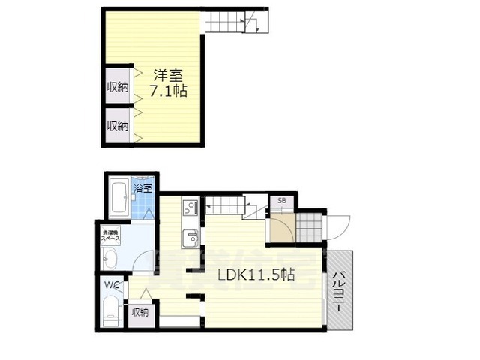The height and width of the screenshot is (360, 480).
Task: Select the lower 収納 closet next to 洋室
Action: click(x=116, y=124)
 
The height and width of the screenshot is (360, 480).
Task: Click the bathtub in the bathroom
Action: click(x=118, y=196)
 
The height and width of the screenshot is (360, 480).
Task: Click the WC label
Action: click(x=111, y=285)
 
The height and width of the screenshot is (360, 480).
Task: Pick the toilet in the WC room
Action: click(x=111, y=310)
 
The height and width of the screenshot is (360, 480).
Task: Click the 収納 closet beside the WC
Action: click(x=140, y=312)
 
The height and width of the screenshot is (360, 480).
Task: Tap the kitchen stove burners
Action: click(x=189, y=208)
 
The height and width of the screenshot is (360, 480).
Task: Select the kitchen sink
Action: click(x=190, y=239)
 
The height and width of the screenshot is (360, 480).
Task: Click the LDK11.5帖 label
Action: click(x=256, y=274)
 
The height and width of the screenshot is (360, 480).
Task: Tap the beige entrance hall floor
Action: click(x=282, y=229)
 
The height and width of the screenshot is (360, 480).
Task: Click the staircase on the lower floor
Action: click(x=229, y=204)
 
